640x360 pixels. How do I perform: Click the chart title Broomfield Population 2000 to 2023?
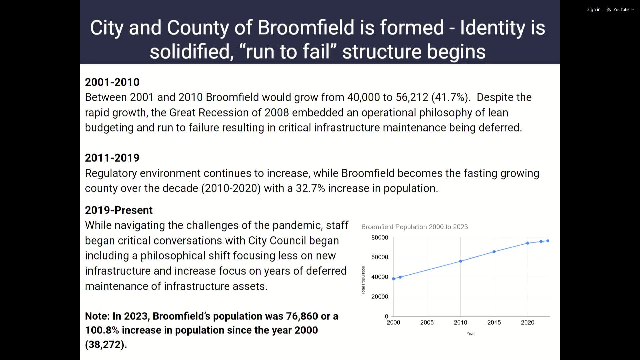click(414, 227)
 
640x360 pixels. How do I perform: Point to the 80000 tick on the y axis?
click(380, 238)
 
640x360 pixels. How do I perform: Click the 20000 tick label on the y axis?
click(380, 297)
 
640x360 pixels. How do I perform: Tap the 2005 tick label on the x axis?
click(427, 323)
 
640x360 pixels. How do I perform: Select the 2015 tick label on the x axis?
click(494, 323)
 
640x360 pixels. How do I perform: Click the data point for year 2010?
click(460, 261)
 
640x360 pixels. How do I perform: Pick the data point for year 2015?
click(494, 252)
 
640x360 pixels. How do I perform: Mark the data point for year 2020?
click(528, 243)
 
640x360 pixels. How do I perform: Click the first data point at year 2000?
click(393, 279)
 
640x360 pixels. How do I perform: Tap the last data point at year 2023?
click(548, 241)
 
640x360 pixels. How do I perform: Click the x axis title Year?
click(470, 334)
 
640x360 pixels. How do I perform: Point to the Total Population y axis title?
click(363, 280)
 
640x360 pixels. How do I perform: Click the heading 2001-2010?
click(112, 82)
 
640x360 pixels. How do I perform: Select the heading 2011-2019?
click(112, 158)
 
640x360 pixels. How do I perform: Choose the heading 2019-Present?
click(119, 210)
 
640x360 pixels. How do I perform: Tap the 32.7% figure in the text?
click(310, 188)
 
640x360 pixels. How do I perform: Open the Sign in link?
click(593, 10)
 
